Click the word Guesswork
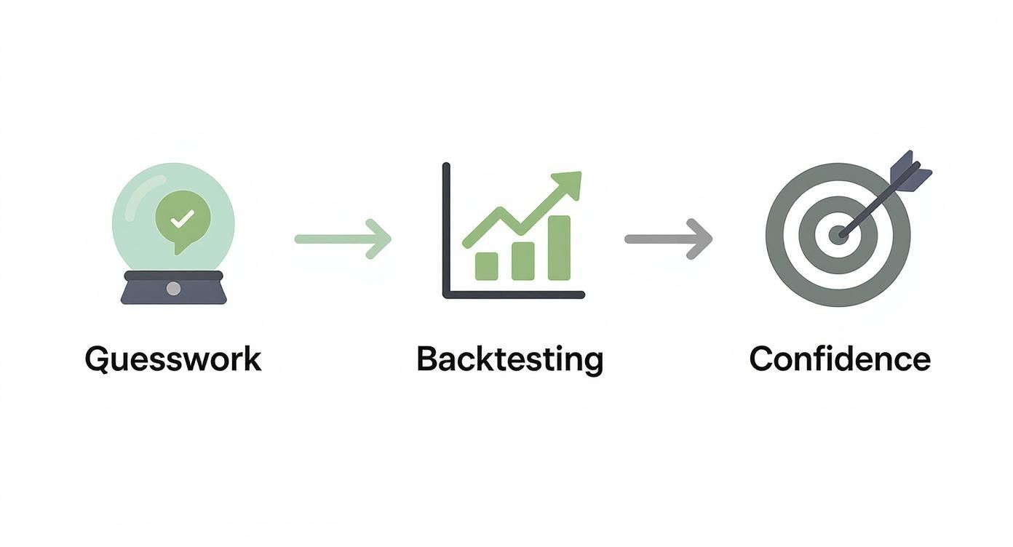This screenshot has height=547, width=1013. coord(172,359)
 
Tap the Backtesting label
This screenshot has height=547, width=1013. coord(509,359)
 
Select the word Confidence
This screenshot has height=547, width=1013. coord(839,359)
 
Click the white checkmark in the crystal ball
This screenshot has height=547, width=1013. coord(183,217)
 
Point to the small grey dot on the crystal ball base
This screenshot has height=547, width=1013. coord(173,289)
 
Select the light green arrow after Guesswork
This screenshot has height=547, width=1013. coord(342,238)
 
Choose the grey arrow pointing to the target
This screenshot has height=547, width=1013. coord(668,238)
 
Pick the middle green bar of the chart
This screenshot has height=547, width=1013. coord(523,260)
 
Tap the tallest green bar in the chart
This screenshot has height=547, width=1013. coord(559,247)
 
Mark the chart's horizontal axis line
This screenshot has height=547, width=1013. coord(514,295)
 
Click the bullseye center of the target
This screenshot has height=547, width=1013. coord(838,235)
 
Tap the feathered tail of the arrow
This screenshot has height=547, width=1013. coord(913,169)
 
